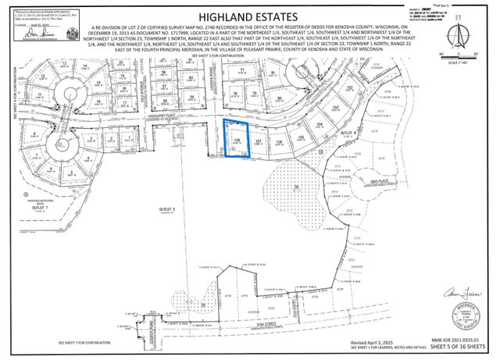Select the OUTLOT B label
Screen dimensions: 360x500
(x=348, y=134)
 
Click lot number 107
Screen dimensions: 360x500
(x=269, y=141)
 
